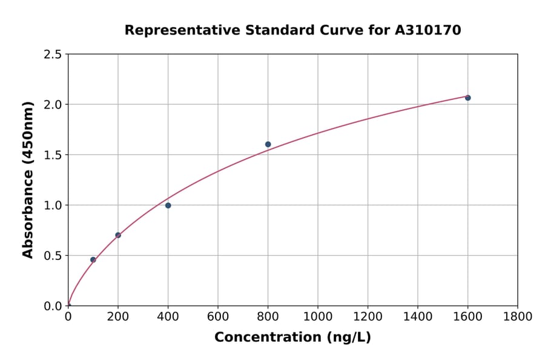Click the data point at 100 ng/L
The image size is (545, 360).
click(x=93, y=259)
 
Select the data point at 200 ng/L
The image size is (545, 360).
click(x=118, y=235)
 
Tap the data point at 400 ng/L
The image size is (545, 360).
click(x=168, y=205)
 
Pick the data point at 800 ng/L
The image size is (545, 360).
click(x=268, y=144)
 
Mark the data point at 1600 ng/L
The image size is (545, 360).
click(x=467, y=98)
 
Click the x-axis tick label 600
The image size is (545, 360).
click(x=218, y=316)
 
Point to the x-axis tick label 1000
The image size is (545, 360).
click(x=318, y=316)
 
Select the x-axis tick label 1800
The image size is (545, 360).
click(x=518, y=316)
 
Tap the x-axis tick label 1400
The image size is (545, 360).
click(x=418, y=316)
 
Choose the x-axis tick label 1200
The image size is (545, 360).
click(x=368, y=316)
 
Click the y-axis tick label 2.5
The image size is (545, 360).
click(x=53, y=55)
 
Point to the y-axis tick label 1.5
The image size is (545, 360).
click(x=53, y=155)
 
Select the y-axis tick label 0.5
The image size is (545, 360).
click(x=53, y=256)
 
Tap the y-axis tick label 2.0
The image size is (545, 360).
click(x=53, y=105)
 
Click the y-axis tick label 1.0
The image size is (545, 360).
click(x=53, y=205)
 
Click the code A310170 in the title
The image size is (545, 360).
click(x=428, y=30)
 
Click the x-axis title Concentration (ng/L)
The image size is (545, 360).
click(x=292, y=337)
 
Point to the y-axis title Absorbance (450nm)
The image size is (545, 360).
click(x=28, y=180)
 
